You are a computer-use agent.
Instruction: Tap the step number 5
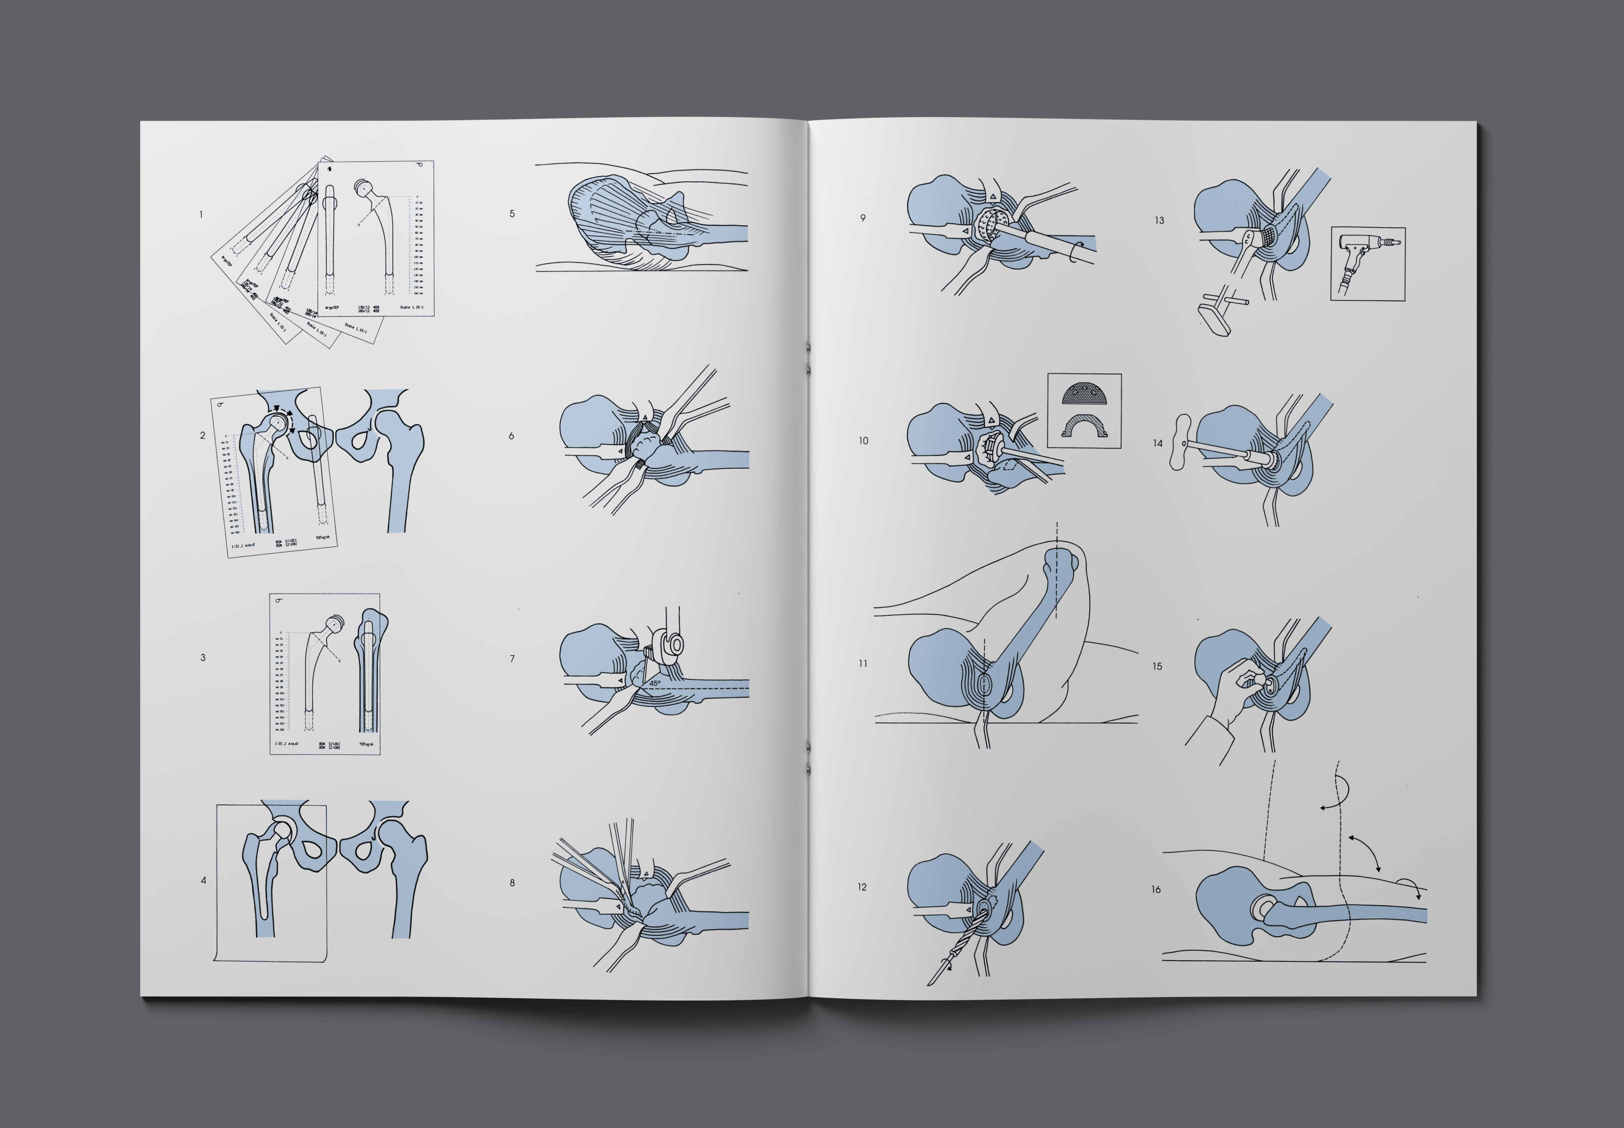click(x=512, y=214)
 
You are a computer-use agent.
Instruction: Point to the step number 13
click(x=1159, y=220)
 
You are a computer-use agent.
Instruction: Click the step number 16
click(x=1156, y=889)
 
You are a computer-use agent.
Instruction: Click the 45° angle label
click(x=655, y=683)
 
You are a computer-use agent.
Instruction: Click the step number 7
click(x=512, y=659)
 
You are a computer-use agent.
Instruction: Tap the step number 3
click(x=203, y=657)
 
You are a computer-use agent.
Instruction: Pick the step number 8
click(x=512, y=883)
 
